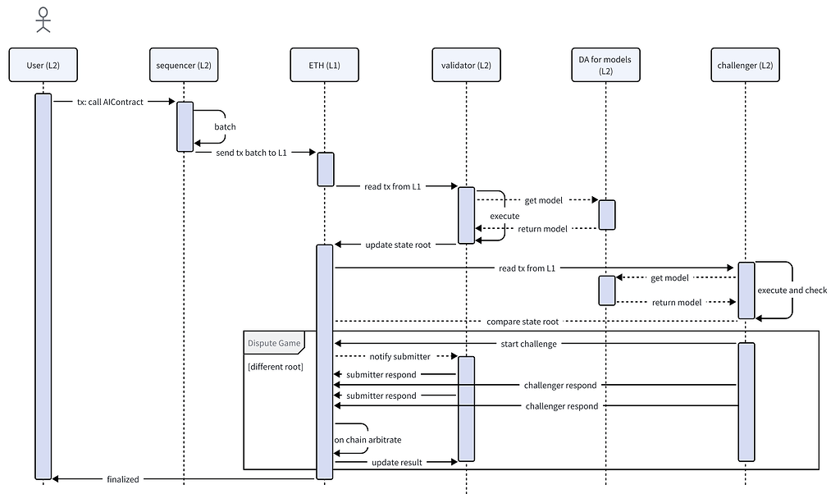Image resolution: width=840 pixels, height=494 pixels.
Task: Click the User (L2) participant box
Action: pos(43,66)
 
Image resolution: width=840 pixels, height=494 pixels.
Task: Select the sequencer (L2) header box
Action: pos(184,66)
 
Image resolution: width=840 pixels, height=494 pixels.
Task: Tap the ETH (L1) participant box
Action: pos(325,66)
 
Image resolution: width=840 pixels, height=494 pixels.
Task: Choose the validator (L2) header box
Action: pos(465,66)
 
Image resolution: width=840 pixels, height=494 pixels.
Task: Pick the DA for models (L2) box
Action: pos(606,66)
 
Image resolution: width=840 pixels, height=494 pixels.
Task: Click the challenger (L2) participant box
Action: pos(746,66)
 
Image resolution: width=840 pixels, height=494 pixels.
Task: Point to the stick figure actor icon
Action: pos(43,18)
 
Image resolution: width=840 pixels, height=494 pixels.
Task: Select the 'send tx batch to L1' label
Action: pos(251,153)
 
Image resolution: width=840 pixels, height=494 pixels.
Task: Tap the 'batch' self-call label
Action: pos(225,127)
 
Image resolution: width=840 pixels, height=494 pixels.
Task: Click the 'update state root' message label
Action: pos(395,245)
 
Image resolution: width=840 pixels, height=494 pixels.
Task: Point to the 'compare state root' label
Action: pos(524,322)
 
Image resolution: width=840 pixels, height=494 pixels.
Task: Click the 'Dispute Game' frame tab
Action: pos(275,343)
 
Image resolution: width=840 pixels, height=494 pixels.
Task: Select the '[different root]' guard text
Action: pos(276,366)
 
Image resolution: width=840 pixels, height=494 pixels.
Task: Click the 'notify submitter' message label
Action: pos(389,356)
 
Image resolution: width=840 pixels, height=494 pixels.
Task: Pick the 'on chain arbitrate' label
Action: pos(367,440)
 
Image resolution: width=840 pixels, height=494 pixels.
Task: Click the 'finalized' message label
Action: pos(122,478)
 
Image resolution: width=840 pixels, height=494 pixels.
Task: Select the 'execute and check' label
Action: pos(792,290)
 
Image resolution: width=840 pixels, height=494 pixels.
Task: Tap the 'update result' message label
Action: pos(397,463)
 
